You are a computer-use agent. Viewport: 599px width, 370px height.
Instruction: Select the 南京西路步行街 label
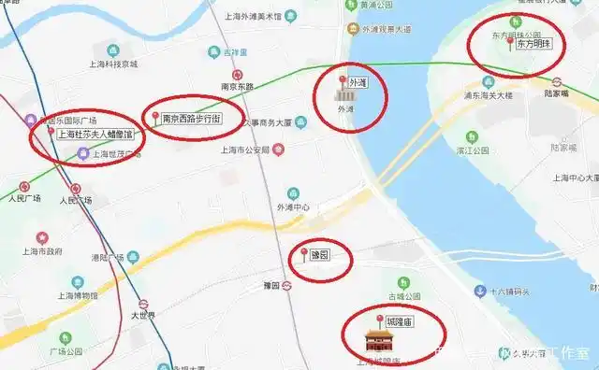coord(191,119)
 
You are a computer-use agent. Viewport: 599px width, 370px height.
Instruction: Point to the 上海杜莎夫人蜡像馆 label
coord(95,135)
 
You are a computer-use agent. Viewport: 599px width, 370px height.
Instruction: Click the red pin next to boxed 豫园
coord(302,253)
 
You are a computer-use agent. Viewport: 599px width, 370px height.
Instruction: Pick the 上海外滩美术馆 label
coord(253,16)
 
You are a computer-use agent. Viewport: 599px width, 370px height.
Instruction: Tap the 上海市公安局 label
coord(244,149)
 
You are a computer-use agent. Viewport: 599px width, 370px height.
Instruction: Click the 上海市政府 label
coord(41,251)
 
